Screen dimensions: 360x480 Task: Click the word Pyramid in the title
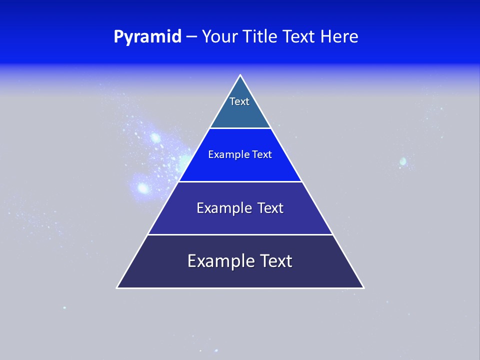click(147, 37)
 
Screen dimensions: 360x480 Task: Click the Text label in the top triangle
click(239, 101)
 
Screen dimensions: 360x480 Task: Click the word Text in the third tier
click(270, 208)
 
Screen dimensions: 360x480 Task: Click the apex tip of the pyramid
click(240, 75)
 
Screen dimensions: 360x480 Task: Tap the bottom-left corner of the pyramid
click(117, 287)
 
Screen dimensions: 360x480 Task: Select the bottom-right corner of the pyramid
click(363, 287)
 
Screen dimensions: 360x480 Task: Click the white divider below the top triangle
click(240, 128)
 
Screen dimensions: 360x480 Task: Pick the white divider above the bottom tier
click(240, 234)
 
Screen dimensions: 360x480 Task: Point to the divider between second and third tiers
click(240, 181)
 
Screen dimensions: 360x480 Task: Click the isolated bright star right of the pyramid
click(402, 162)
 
